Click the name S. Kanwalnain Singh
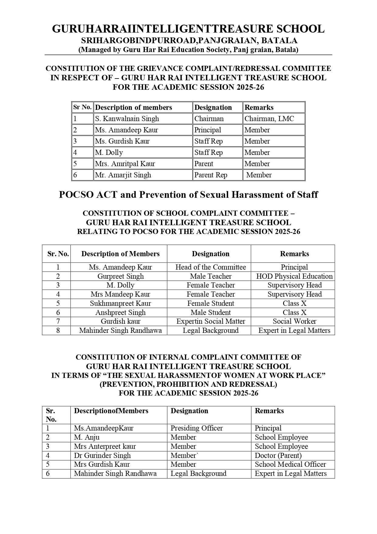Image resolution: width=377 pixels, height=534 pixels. (x=127, y=119)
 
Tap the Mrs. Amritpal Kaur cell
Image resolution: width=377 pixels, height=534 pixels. (x=125, y=164)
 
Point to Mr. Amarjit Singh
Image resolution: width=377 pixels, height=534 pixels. (x=123, y=175)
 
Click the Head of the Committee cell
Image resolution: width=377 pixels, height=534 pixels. (x=211, y=267)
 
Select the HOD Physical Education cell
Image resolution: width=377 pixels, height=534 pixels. (x=294, y=276)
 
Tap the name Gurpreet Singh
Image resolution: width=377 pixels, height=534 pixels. (x=121, y=276)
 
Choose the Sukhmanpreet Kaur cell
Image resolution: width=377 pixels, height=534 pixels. (x=120, y=303)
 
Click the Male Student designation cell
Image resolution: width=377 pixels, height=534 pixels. (x=211, y=312)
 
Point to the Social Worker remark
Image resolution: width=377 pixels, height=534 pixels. (x=294, y=321)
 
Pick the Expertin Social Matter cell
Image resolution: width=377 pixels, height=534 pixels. (x=211, y=321)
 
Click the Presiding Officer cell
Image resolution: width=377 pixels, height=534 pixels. (x=197, y=428)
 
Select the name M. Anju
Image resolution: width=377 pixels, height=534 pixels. (x=87, y=437)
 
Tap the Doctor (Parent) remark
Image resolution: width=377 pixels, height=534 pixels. (x=278, y=455)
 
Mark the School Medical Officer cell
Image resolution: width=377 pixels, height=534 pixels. (x=290, y=464)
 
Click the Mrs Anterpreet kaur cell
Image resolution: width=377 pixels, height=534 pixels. (x=105, y=446)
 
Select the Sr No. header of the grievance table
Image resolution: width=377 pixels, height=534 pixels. (x=82, y=107)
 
